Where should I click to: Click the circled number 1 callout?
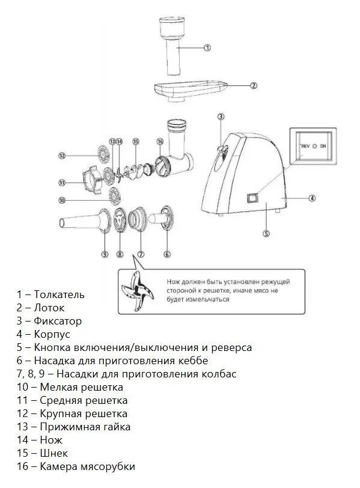pos(207,47)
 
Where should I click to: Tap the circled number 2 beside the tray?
pos(254,85)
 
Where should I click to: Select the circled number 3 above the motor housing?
pos(221,117)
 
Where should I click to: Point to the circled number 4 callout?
pos(312,198)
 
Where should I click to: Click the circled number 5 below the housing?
pos(266,233)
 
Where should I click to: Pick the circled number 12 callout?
pos(63,156)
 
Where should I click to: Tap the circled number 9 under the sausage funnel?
pos(105,254)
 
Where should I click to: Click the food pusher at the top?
pos(173,46)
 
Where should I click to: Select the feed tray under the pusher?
pos(190,90)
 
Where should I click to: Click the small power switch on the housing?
pos(252,198)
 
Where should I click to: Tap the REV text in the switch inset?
pos(305,146)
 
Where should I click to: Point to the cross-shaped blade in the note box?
pos(137,291)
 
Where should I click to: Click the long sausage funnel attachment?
pos(85,221)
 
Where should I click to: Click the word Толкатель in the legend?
pos(59,294)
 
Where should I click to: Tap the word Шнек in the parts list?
pos(54,453)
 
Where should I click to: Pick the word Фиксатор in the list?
pos(58,321)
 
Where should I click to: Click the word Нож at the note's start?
pos(173,282)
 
